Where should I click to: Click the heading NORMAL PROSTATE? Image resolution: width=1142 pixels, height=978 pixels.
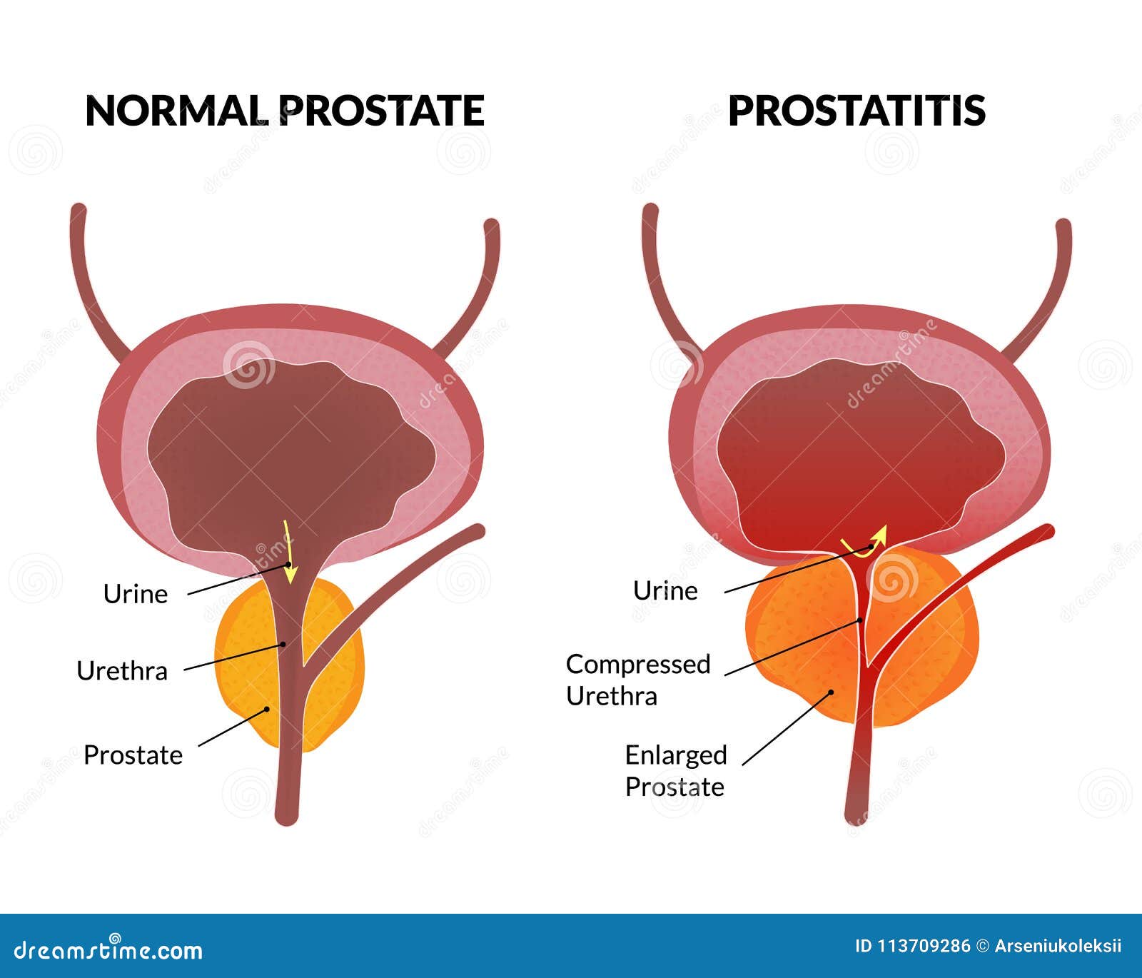click(285, 111)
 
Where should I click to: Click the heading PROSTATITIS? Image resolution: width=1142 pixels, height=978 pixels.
click(856, 111)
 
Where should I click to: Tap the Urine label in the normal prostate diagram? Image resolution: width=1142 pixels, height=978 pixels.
click(136, 594)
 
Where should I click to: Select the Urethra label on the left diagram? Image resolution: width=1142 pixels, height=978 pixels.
click(122, 671)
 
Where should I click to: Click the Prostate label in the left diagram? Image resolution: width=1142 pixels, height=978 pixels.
click(133, 755)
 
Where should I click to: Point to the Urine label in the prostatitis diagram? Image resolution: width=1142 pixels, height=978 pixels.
click(665, 591)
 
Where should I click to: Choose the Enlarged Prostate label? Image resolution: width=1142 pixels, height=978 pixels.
click(675, 771)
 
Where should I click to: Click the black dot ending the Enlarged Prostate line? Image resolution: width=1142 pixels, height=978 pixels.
click(832, 692)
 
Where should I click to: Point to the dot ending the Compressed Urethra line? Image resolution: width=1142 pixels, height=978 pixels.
click(861, 620)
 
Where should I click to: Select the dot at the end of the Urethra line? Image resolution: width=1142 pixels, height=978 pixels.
click(283, 644)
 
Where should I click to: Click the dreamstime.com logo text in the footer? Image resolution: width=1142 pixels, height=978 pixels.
click(108, 950)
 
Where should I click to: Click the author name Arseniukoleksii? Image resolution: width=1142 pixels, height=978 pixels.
click(1058, 947)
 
